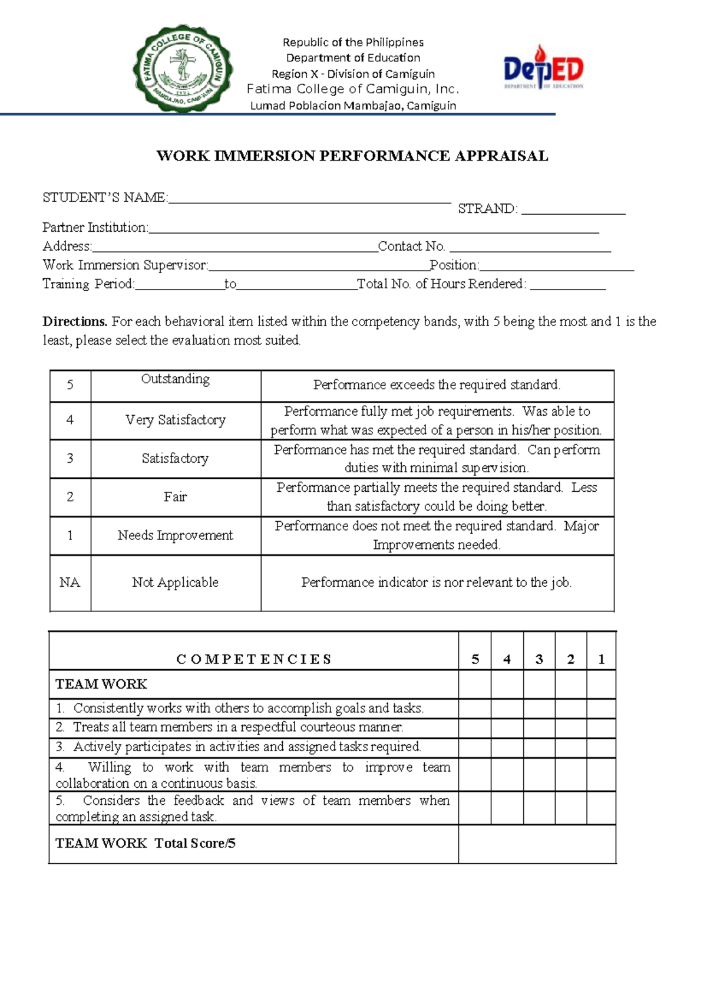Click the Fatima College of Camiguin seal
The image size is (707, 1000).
(x=183, y=68)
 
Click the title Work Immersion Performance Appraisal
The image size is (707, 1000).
(x=352, y=156)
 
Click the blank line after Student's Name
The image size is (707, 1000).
(x=309, y=198)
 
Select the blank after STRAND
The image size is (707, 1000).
(x=573, y=209)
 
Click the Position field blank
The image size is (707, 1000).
(x=556, y=266)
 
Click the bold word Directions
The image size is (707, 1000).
(x=75, y=322)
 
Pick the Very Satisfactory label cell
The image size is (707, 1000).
(x=176, y=420)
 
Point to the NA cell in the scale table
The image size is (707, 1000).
(x=70, y=583)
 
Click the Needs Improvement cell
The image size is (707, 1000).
(x=176, y=535)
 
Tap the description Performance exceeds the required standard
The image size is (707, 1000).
(x=437, y=386)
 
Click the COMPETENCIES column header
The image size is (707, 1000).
(x=254, y=659)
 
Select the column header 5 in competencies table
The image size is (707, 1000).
(x=475, y=659)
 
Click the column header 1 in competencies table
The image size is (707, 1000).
(x=601, y=659)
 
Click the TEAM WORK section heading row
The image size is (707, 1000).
(x=254, y=684)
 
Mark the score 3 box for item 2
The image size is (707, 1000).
(x=539, y=728)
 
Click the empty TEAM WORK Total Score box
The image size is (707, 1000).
(x=537, y=844)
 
